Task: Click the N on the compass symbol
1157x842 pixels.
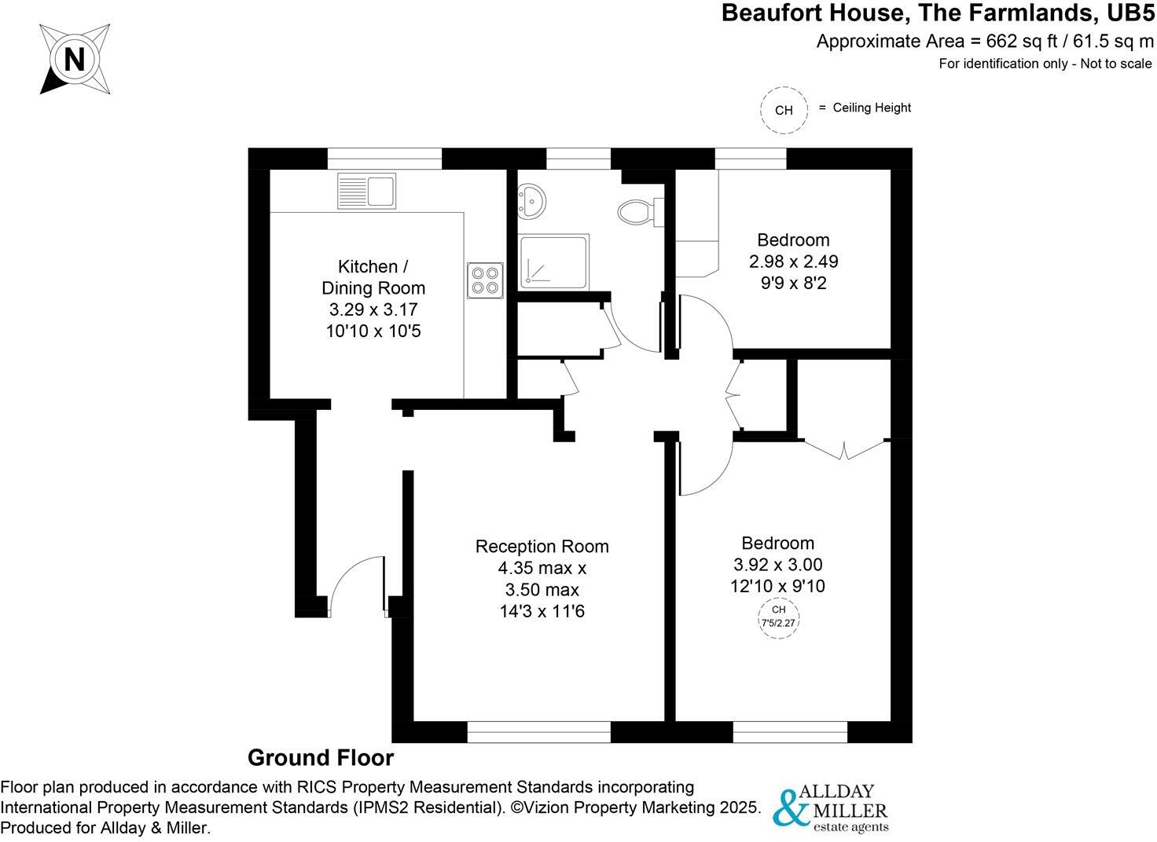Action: [x=74, y=60]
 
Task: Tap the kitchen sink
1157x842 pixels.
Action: [x=367, y=191]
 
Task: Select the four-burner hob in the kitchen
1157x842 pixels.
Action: [x=485, y=280]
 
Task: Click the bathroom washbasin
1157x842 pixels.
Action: [x=532, y=202]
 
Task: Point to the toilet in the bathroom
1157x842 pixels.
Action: [x=639, y=210]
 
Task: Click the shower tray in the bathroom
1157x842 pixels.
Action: [x=553, y=261]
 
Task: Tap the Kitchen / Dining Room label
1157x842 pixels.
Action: [x=373, y=277]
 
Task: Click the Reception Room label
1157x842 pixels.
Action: [x=542, y=547]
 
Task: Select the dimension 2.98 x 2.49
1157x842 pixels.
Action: [x=793, y=262]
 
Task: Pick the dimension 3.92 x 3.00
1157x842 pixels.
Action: [x=777, y=565]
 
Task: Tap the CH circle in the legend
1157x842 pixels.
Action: [x=784, y=110]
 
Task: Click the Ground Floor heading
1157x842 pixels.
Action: [x=321, y=758]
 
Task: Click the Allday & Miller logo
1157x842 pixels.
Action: [x=831, y=807]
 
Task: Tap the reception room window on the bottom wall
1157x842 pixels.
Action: [x=538, y=733]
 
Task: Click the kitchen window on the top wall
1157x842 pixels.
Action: [x=384, y=159]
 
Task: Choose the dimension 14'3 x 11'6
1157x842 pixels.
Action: [x=542, y=611]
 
